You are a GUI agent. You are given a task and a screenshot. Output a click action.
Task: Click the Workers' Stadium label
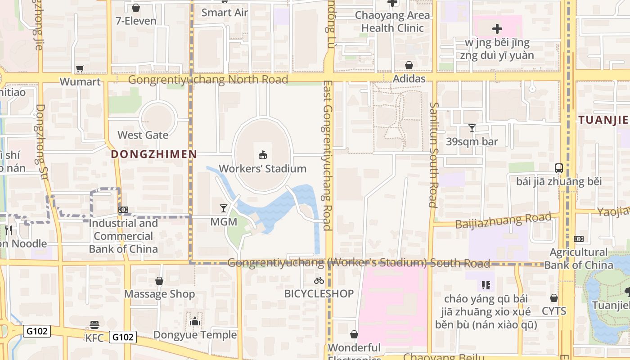[x=262, y=169]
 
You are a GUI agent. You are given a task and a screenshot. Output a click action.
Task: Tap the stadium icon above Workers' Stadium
[x=262, y=155]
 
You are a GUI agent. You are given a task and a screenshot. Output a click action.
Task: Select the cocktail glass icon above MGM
[x=224, y=208]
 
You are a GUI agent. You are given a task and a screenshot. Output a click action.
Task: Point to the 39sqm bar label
[x=472, y=142]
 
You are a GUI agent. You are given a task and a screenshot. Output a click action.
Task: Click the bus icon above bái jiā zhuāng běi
[x=559, y=168]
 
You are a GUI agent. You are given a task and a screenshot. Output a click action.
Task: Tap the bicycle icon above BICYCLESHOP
[x=319, y=280]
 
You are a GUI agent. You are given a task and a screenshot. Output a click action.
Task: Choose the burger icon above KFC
[x=94, y=324]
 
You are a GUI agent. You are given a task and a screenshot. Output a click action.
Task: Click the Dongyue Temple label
[x=195, y=335]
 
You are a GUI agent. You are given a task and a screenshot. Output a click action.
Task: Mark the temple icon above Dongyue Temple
[x=195, y=321]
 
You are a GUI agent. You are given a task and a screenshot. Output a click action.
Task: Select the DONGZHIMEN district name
[x=154, y=154]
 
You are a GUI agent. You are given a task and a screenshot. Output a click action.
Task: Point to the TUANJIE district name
[x=603, y=120]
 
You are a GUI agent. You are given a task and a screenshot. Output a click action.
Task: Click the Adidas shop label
[x=409, y=79]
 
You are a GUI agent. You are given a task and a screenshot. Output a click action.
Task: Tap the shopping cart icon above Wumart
[x=80, y=68]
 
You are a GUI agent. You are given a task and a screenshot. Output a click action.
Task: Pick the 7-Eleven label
[x=136, y=21]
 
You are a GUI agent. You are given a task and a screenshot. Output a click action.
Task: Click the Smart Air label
[x=225, y=13]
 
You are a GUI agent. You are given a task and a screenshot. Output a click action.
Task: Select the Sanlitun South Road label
[x=433, y=154]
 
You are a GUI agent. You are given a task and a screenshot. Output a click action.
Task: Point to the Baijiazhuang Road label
[x=503, y=221]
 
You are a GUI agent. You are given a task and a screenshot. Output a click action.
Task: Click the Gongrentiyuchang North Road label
[x=208, y=80]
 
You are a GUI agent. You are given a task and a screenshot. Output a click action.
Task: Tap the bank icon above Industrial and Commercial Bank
[x=123, y=210]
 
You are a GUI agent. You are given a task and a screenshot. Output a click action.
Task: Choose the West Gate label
[x=143, y=135]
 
